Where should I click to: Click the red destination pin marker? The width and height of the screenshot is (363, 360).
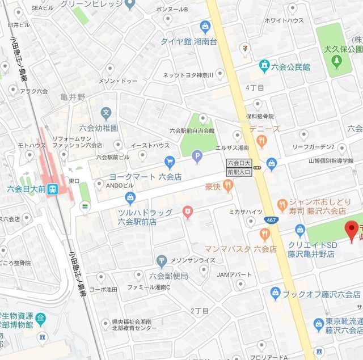[351, 230]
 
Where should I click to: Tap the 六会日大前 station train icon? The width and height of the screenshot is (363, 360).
[53, 189]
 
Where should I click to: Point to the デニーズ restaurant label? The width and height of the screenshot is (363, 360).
[264, 129]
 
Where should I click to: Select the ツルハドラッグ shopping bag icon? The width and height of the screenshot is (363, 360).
[130, 198]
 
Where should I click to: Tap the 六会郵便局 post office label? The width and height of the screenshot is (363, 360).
[168, 276]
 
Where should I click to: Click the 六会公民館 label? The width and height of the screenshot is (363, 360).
[290, 66]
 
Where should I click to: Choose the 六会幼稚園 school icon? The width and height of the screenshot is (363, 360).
[105, 113]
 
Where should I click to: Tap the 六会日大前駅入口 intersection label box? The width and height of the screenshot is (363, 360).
[238, 166]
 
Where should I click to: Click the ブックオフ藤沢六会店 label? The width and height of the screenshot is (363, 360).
[322, 294]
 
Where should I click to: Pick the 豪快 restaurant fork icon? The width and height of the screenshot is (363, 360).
[227, 185]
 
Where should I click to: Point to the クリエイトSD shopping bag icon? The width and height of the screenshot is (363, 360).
[300, 230]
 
